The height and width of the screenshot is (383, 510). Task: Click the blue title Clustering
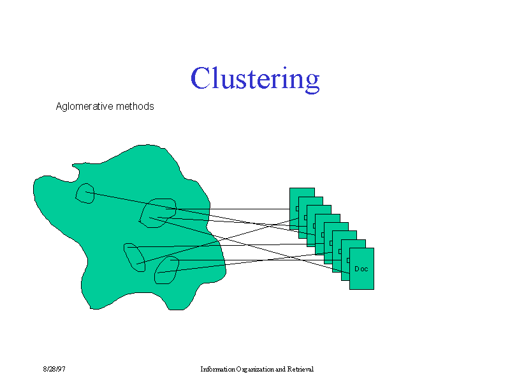coord(255,79)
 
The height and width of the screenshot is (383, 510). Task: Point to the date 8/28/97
coord(54,369)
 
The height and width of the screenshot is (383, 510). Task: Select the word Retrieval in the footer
coord(300,369)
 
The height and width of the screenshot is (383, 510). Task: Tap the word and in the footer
coord(280,369)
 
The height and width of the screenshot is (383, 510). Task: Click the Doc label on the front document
coord(361,269)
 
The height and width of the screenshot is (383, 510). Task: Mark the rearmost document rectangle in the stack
coord(302,193)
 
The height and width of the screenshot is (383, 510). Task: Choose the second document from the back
coord(310,201)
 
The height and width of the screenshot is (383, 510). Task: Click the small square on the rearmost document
coord(297,209)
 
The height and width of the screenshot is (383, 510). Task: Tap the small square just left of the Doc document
coord(348,260)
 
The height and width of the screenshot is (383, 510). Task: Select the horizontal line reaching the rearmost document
coord(228,209)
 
